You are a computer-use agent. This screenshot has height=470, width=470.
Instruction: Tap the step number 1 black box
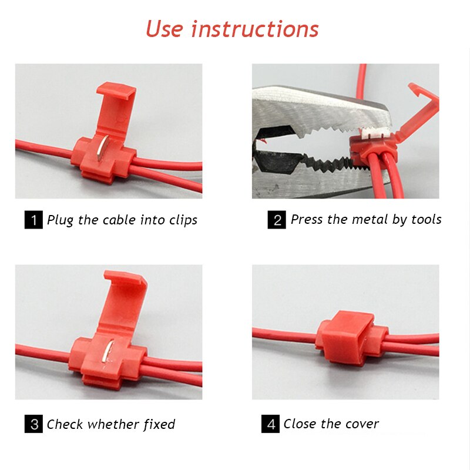33,220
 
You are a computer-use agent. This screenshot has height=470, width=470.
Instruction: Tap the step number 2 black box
277,220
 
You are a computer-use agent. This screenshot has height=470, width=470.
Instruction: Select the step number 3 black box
33,424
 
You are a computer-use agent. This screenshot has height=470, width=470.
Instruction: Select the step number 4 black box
270,424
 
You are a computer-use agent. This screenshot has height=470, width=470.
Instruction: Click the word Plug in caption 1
61,220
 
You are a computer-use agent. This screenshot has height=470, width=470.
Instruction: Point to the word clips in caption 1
181,220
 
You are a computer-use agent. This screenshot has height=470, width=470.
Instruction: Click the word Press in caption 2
306,220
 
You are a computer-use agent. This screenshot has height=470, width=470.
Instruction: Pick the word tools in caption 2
425,220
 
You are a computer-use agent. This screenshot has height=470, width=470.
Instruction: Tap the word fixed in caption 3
159,424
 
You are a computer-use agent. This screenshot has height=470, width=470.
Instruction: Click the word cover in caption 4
362,424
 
